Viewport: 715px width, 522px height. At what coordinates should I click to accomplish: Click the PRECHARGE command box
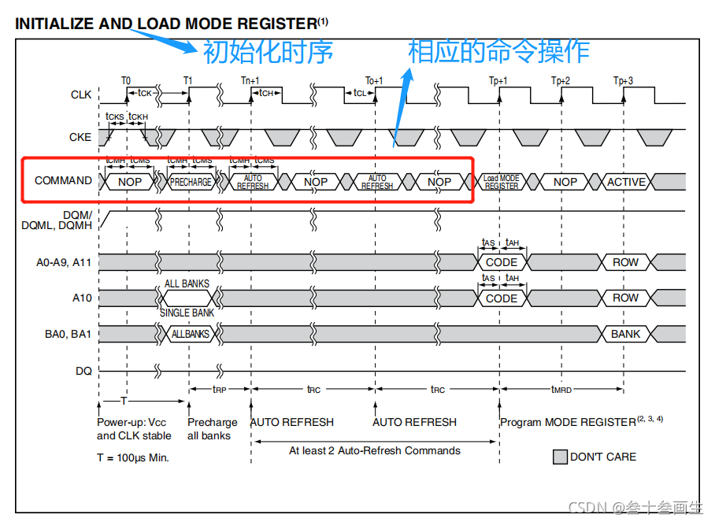(x=191, y=182)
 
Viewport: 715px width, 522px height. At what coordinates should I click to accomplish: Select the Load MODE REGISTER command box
(x=502, y=182)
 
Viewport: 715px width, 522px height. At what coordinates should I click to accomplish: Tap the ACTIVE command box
(x=626, y=182)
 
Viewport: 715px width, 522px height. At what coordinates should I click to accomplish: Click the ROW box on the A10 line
(x=626, y=298)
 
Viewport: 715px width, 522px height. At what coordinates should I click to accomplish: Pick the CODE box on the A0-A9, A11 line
(x=502, y=262)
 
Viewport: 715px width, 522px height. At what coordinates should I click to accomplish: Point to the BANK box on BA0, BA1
(x=626, y=334)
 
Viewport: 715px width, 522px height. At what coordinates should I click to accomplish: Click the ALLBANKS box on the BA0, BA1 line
(x=191, y=334)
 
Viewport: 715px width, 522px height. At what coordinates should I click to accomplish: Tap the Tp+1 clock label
(x=498, y=81)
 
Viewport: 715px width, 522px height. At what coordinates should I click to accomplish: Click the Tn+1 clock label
(x=250, y=81)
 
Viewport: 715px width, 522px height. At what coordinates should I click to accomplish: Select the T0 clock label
(x=126, y=81)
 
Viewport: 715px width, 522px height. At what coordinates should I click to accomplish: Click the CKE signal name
(x=80, y=137)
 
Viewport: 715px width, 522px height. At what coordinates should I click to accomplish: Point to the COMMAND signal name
(x=63, y=180)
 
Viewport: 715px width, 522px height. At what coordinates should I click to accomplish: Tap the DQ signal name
(x=83, y=369)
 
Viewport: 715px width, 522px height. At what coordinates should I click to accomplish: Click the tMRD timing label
(x=561, y=389)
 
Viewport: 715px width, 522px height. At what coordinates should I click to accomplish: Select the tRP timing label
(x=220, y=389)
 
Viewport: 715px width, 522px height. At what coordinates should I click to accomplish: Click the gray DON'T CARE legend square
(x=560, y=457)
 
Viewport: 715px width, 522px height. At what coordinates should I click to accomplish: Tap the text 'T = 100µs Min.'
(x=133, y=457)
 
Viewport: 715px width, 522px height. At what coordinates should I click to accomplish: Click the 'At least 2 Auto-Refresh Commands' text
(x=375, y=450)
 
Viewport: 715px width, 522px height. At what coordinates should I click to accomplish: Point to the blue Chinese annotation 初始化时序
(x=268, y=52)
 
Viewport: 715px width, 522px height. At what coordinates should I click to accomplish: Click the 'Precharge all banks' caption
(x=212, y=429)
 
